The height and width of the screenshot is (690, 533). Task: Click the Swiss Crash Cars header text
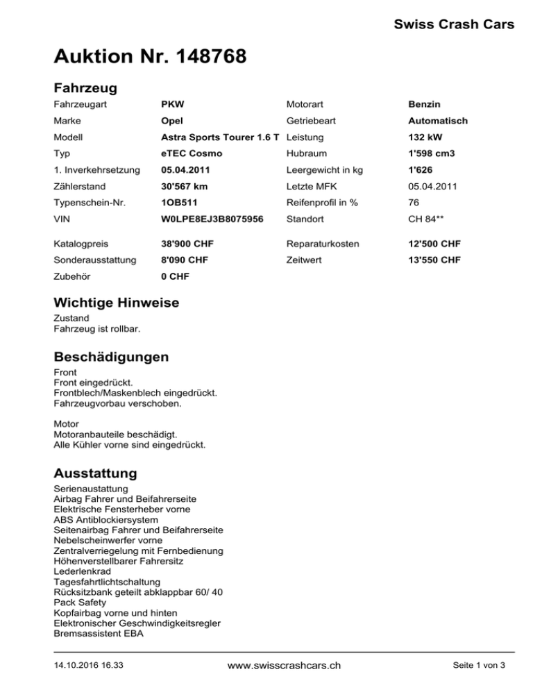point(453,25)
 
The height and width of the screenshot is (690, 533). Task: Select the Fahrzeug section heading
point(85,88)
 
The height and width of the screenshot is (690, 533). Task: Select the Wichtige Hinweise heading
point(116,303)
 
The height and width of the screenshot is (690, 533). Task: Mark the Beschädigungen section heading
point(110,357)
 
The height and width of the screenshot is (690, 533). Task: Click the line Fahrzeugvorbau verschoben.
point(117,403)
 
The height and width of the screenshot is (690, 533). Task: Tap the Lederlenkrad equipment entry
point(82,571)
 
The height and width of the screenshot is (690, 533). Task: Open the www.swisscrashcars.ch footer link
point(285,666)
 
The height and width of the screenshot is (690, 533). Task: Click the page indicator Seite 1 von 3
point(480,666)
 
